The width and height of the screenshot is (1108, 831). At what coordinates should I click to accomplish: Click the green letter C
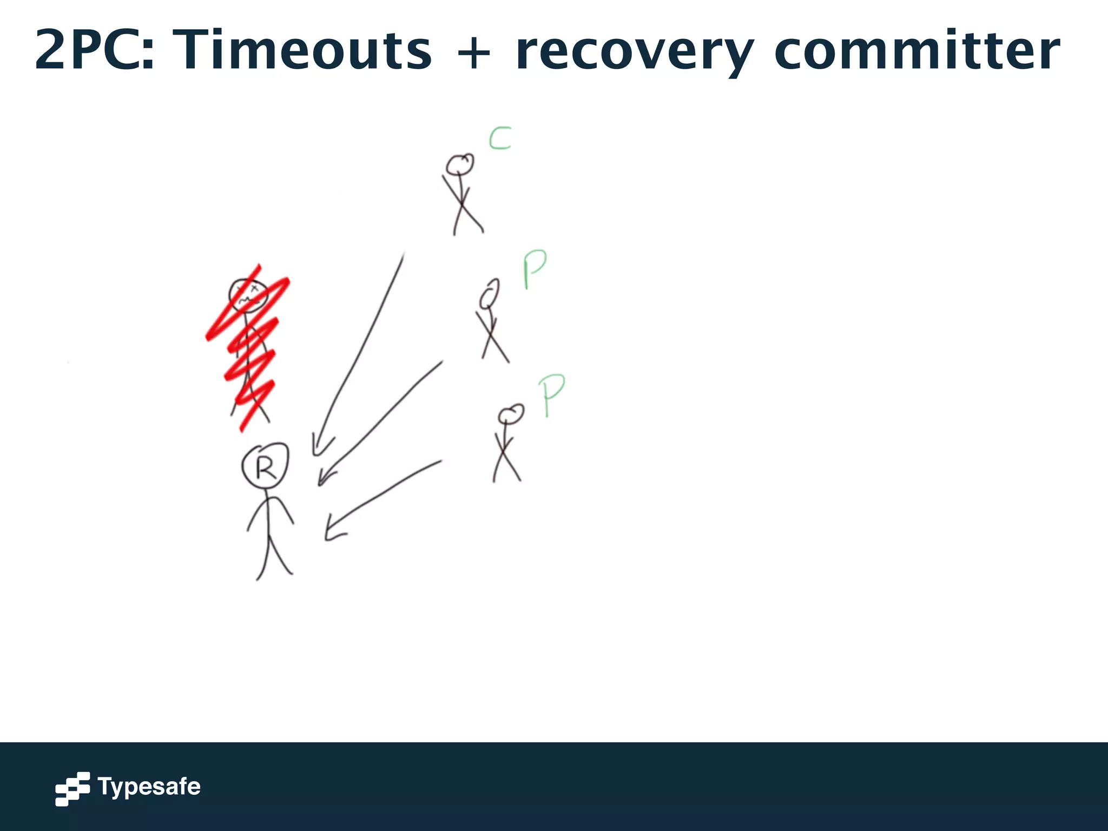click(500, 138)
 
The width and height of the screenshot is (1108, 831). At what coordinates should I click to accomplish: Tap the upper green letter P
click(535, 269)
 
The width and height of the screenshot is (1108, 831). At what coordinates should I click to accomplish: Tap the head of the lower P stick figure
click(511, 414)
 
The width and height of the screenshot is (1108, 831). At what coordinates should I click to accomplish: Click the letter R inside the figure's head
click(266, 468)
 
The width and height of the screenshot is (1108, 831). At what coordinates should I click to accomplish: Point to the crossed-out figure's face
click(248, 295)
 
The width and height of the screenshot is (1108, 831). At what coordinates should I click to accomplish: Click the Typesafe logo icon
click(72, 788)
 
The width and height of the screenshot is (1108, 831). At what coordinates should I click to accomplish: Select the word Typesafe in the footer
click(149, 787)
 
